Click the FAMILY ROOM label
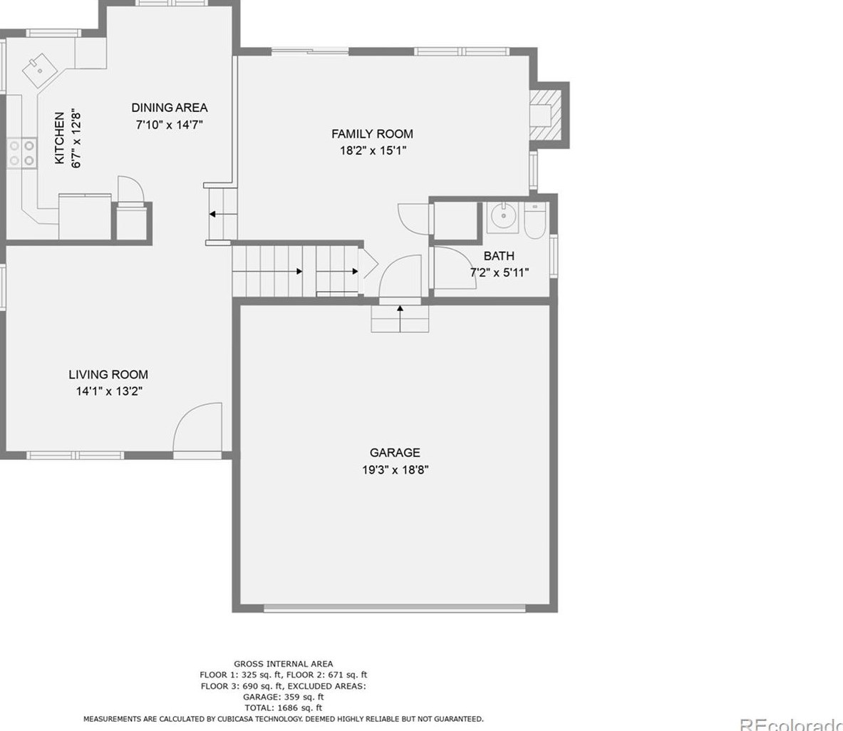coord(372,133)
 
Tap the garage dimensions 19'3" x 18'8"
coord(395,469)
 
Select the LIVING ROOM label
coord(108,374)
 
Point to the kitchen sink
coord(39,70)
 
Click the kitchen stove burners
coord(21,153)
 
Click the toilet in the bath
coord(535,221)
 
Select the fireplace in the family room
coord(547,115)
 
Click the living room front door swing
coord(197,428)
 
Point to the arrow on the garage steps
coord(400,317)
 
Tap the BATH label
coord(499,255)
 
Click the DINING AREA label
coord(170,108)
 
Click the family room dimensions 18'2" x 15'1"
coord(373,150)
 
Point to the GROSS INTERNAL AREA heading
coord(284,664)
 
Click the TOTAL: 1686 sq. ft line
coord(284,708)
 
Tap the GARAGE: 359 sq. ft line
coord(284,697)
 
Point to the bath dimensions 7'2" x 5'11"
coord(500,272)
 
